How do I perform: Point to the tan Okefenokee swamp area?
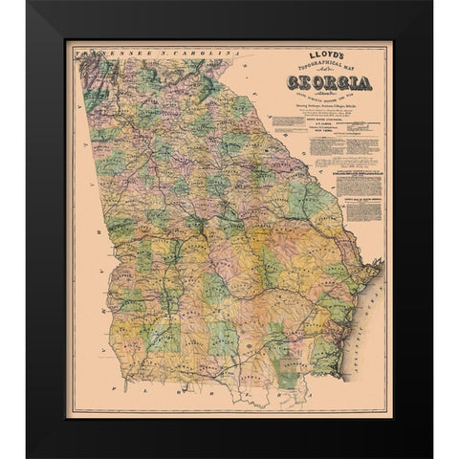coord(287,373)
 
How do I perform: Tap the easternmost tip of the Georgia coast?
coord(381,262)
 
